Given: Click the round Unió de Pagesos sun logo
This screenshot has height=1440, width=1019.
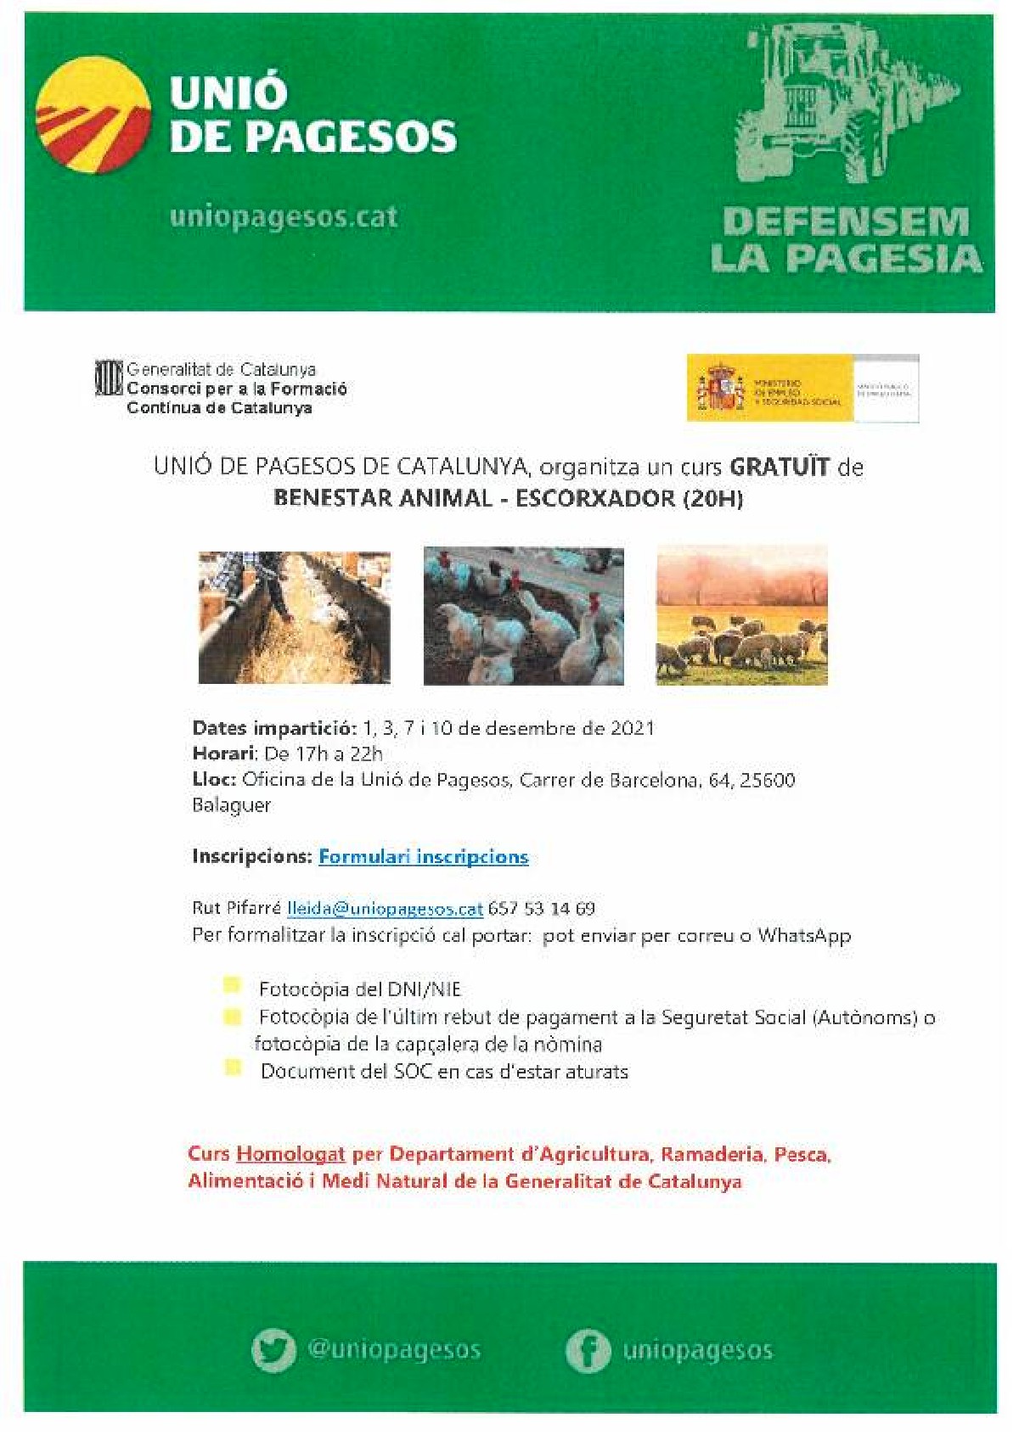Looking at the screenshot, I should click(x=93, y=115).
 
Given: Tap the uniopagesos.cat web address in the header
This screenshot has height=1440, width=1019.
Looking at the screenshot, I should click(x=284, y=217).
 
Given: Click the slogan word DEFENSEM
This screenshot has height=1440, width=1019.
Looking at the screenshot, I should click(x=846, y=222).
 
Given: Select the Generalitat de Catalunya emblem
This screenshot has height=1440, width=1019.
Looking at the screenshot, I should click(x=109, y=378).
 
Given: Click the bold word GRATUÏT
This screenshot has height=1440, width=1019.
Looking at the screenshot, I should click(x=779, y=467).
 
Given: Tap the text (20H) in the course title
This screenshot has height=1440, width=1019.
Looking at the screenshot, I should click(x=712, y=498).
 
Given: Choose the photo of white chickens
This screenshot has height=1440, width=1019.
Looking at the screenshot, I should click(x=523, y=616).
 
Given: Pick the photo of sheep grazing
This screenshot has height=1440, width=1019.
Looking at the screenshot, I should click(x=741, y=616).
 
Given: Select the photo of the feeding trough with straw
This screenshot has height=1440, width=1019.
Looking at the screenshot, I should click(x=294, y=618).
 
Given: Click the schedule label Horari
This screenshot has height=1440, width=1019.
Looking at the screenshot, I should click(x=223, y=754).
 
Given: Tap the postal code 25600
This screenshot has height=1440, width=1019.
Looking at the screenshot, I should click(x=767, y=780).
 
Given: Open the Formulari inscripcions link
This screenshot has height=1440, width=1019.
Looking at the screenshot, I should click(x=423, y=857).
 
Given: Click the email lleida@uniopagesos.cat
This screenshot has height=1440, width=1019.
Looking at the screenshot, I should click(x=385, y=909).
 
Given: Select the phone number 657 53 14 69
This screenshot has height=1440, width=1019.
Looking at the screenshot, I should click(x=541, y=909).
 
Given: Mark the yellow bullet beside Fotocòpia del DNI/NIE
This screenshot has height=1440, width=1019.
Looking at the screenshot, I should click(x=231, y=985).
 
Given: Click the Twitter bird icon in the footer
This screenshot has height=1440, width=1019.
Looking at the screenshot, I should click(x=273, y=1350).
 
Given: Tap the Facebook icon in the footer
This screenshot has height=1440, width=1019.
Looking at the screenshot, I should click(x=588, y=1351).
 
